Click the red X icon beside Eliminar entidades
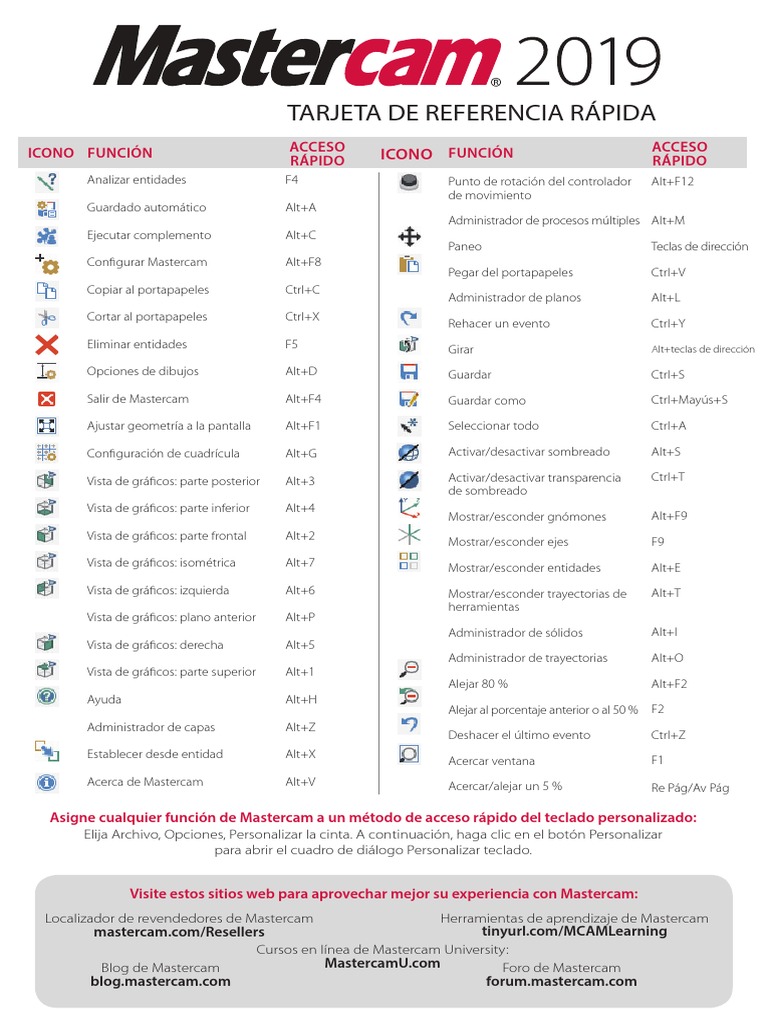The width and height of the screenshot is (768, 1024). coord(47,345)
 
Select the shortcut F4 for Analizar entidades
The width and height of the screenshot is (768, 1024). coord(292,180)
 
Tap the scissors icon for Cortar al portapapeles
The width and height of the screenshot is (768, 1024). coord(47,318)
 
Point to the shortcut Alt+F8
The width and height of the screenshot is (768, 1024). coord(304,262)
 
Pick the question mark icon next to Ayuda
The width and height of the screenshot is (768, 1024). coord(47,698)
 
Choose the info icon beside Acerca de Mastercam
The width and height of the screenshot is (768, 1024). coord(47,782)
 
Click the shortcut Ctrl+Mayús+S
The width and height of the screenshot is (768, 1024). coord(689,400)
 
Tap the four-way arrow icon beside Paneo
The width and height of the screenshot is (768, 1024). coord(408,236)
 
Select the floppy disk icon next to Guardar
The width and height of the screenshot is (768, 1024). coord(408,373)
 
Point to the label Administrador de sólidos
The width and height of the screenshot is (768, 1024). coord(515,633)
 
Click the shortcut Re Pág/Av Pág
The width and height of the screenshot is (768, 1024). coord(690,788)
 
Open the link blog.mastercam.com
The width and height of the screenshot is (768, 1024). coord(160,981)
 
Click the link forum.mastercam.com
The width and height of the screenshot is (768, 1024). coord(561,981)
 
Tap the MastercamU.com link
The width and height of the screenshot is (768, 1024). coord(383,963)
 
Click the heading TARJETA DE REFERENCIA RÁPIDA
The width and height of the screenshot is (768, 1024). coord(471,112)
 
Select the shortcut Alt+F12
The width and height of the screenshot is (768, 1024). coord(672,181)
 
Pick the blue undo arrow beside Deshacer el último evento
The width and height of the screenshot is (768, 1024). coord(408,724)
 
